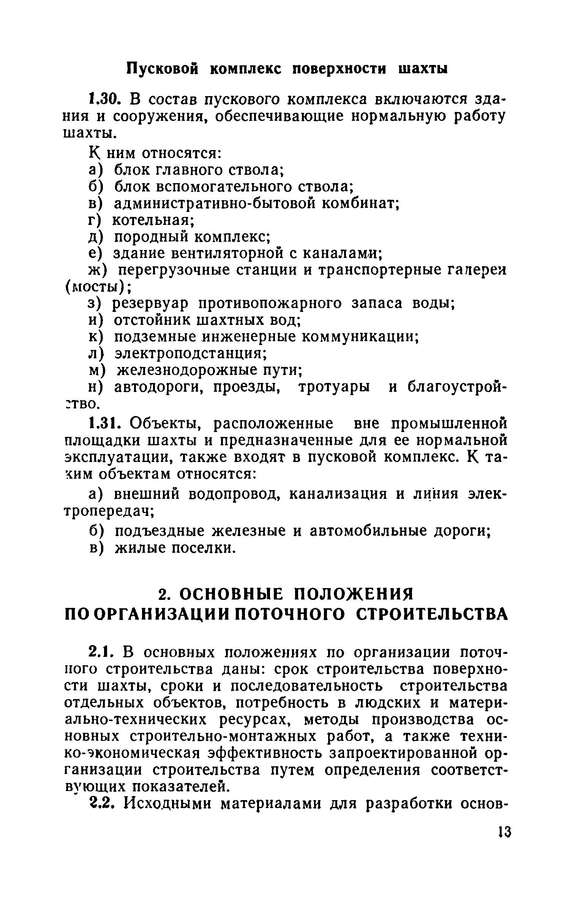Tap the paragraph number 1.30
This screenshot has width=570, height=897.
[104, 100]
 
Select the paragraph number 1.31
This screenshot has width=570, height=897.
[104, 424]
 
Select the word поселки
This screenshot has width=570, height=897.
[198, 548]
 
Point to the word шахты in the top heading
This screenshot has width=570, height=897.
[422, 69]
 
